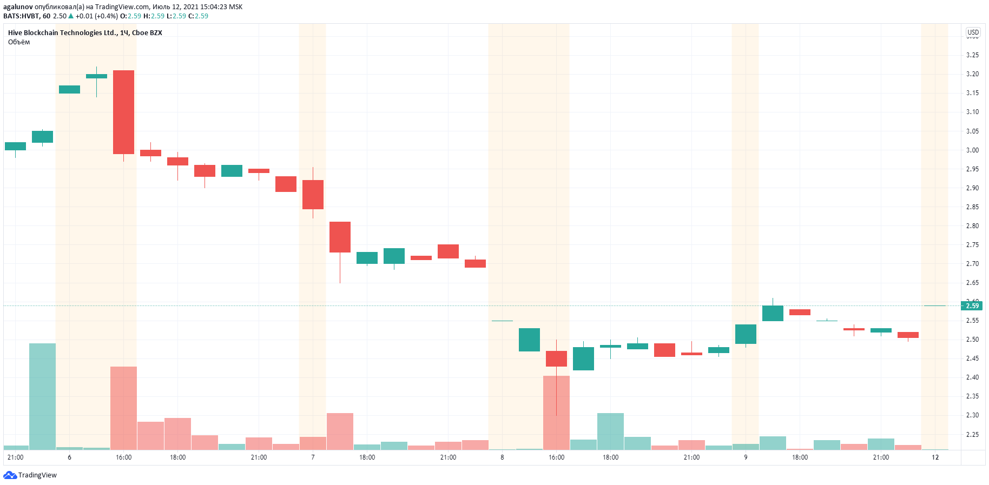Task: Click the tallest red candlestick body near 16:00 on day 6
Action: pyautogui.click(x=123, y=112)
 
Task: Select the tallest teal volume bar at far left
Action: pyautogui.click(x=42, y=396)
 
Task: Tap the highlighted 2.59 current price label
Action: pyautogui.click(x=972, y=305)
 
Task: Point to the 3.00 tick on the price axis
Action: pyautogui.click(x=972, y=150)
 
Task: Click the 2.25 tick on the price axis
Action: pyautogui.click(x=972, y=435)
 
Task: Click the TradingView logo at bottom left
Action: pyautogui.click(x=30, y=475)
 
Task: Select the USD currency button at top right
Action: pyautogui.click(x=973, y=32)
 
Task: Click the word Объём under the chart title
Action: pyautogui.click(x=19, y=42)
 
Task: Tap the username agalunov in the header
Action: pyautogui.click(x=18, y=7)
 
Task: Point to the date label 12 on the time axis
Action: pyautogui.click(x=935, y=457)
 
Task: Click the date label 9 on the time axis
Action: pyautogui.click(x=746, y=457)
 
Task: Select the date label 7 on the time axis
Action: pyautogui.click(x=313, y=457)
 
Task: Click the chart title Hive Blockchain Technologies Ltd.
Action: pyautogui.click(x=63, y=33)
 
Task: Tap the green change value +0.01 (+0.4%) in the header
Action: pyautogui.click(x=96, y=16)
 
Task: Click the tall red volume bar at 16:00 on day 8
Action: pyautogui.click(x=556, y=413)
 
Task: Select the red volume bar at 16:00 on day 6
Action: pyautogui.click(x=123, y=408)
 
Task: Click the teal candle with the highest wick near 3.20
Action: pyautogui.click(x=96, y=76)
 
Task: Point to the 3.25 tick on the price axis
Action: pyautogui.click(x=972, y=55)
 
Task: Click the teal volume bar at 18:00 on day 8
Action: pyautogui.click(x=610, y=431)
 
